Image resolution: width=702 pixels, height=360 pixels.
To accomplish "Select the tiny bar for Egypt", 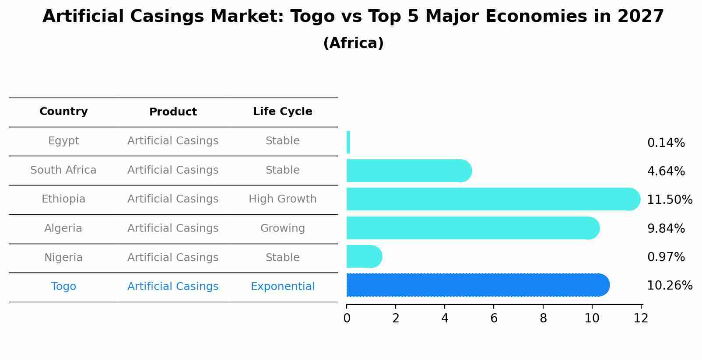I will (348, 142).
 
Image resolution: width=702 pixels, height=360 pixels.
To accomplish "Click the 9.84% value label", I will (666, 228).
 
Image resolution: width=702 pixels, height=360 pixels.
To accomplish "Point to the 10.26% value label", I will (669, 286).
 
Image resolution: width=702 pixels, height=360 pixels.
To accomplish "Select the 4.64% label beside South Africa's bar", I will (666, 171).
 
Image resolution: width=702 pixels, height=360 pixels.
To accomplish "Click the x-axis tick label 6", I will (494, 318).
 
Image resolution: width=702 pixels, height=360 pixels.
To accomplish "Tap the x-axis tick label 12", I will (641, 318).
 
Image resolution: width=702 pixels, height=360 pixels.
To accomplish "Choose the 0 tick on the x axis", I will (347, 318).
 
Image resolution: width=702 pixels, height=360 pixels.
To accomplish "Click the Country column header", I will (63, 112).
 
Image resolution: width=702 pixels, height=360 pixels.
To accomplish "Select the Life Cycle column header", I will (282, 112).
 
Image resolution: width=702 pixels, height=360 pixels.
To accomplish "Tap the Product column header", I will (173, 112).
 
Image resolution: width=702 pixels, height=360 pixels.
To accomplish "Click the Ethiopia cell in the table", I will (63, 199).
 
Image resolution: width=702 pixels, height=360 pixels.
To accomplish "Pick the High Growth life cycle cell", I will (282, 199).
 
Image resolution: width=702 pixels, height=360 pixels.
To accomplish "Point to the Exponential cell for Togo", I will (282, 287).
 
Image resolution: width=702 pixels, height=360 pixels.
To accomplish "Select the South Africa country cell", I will (63, 170).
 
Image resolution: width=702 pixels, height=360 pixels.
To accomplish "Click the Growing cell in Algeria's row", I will (282, 228).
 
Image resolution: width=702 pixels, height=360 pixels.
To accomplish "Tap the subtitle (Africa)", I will (353, 43).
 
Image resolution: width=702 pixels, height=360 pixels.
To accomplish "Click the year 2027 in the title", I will (640, 17).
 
